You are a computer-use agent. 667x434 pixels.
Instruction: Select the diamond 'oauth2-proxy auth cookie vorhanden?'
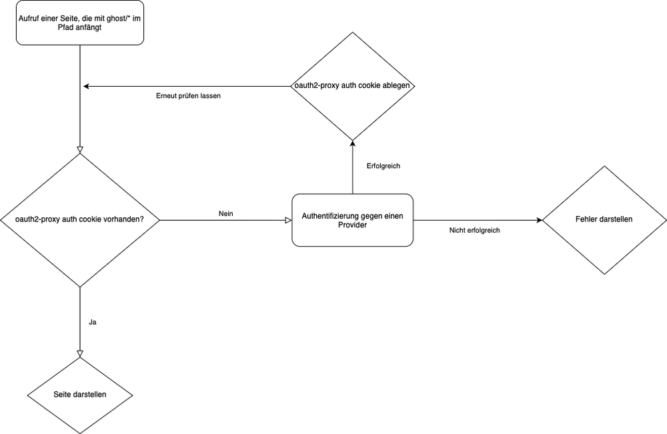pyautogui.click(x=80, y=220)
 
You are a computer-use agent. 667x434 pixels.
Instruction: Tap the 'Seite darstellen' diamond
pyautogui.click(x=80, y=394)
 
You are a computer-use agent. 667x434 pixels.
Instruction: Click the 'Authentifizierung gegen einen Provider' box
pyautogui.click(x=353, y=220)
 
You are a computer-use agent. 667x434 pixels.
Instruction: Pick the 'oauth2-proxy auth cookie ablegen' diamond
pyautogui.click(x=353, y=86)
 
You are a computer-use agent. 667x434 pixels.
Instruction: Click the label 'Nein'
pyautogui.click(x=225, y=213)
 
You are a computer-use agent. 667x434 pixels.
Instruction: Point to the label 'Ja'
pyautogui.click(x=93, y=322)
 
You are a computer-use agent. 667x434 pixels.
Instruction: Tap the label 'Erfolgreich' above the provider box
pyautogui.click(x=383, y=166)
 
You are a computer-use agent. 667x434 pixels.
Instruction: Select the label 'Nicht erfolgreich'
pyautogui.click(x=474, y=230)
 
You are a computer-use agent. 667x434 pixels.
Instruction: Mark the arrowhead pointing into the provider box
pyautogui.click(x=288, y=220)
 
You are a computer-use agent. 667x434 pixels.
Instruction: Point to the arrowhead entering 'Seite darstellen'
pyautogui.click(x=80, y=353)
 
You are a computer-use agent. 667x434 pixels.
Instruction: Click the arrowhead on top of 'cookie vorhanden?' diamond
pyautogui.click(x=80, y=149)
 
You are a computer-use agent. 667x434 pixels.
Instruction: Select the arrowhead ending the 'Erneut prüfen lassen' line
pyautogui.click(x=86, y=86)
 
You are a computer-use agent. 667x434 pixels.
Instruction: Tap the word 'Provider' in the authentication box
pyautogui.click(x=353, y=225)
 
